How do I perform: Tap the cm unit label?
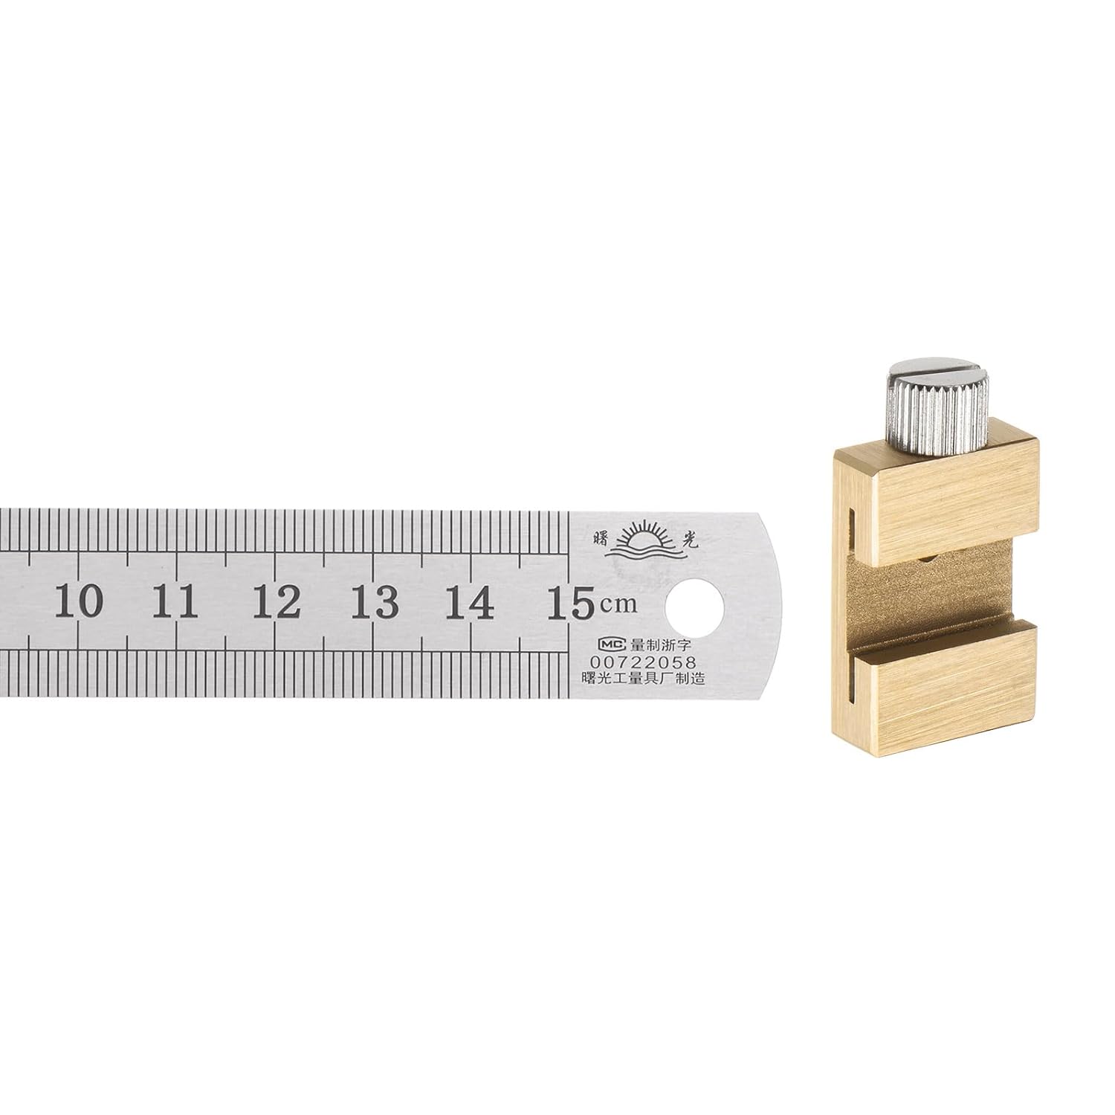619,605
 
